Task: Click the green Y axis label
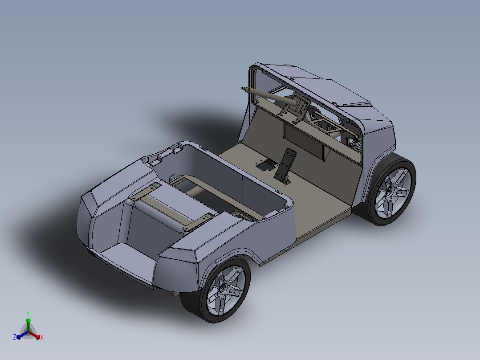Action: point(28,313)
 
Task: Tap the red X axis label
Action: point(42,337)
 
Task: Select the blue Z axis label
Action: point(15,337)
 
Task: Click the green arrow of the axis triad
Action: point(28,324)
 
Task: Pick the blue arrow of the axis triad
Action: point(22,335)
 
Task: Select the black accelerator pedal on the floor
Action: point(285,165)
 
